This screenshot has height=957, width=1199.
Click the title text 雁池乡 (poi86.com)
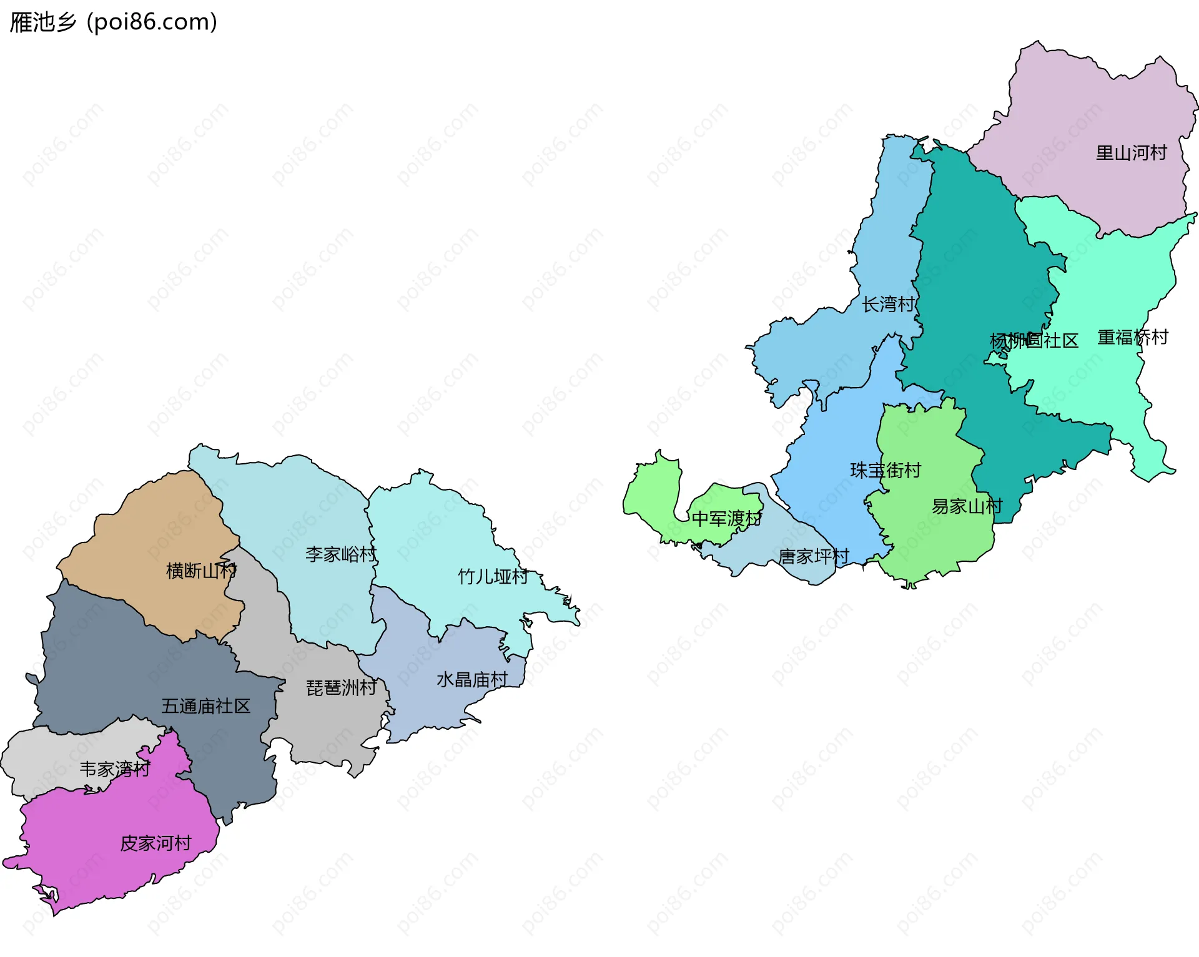coord(114,22)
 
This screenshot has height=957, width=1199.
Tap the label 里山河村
coord(1131,153)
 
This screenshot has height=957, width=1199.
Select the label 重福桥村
coord(1133,338)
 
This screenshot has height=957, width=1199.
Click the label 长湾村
coord(889,305)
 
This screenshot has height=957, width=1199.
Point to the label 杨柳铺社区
coord(1034,341)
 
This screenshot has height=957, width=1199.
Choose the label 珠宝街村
coord(886,471)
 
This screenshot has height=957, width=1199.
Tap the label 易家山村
coord(967,506)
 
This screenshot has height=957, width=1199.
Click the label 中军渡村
coord(726,519)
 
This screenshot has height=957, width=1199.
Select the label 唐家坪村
coord(814,556)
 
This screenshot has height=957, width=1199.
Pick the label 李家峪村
coord(341,554)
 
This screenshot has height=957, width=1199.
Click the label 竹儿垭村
coord(493,577)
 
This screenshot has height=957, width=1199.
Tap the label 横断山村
coord(201,571)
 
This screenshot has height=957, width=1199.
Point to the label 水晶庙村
coord(472,680)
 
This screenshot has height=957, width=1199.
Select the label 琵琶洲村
coord(342,688)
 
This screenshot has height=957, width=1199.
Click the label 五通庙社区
coord(205,707)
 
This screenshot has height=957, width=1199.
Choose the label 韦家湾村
coord(115,769)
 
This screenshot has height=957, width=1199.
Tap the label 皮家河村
coord(155,843)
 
